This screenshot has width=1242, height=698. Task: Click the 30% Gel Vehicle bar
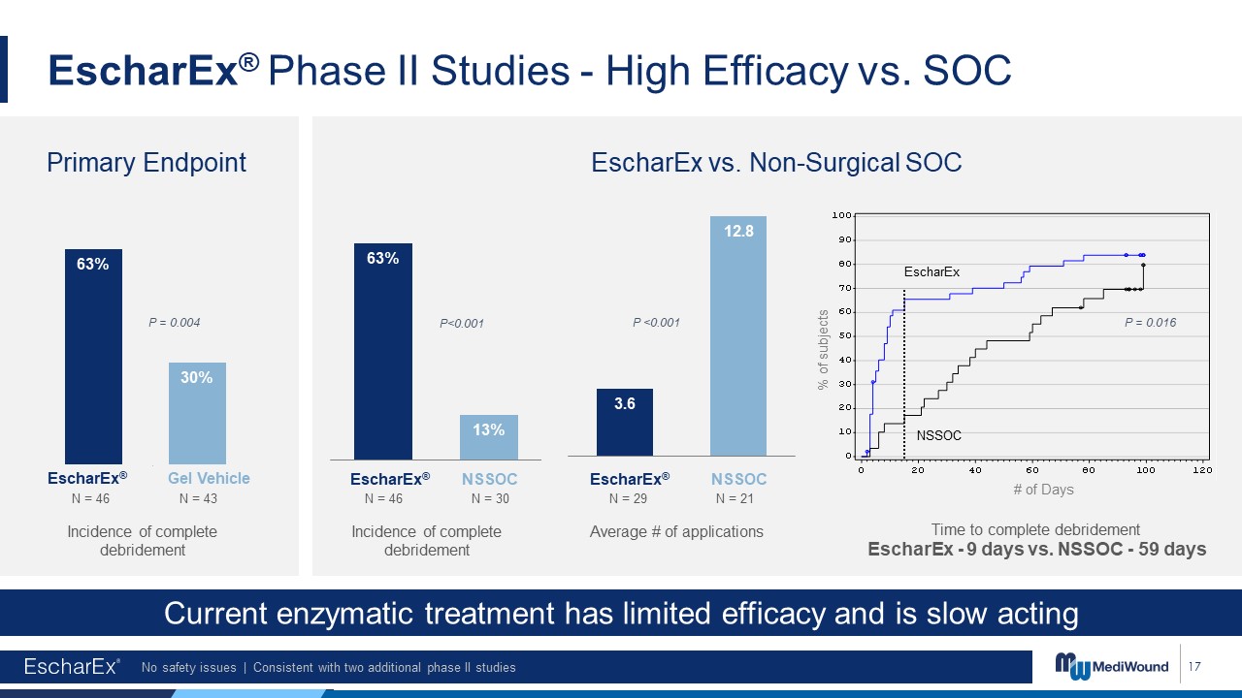click(197, 413)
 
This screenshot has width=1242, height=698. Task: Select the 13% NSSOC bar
click(488, 437)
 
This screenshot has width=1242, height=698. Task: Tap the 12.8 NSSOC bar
click(738, 335)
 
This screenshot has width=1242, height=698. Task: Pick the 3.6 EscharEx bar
click(624, 422)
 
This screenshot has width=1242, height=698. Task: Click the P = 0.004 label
click(175, 322)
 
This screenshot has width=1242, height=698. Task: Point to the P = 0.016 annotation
click(1150, 323)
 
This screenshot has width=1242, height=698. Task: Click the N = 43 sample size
click(198, 498)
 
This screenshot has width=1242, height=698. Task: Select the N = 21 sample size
click(735, 498)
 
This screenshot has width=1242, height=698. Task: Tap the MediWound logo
click(1112, 667)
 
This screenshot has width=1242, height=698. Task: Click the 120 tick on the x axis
click(1202, 470)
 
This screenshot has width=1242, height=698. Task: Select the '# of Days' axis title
click(1043, 490)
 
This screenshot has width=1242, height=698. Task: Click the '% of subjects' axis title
click(824, 349)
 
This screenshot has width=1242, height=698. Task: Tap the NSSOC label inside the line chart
click(938, 435)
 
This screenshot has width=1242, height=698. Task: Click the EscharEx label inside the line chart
click(931, 272)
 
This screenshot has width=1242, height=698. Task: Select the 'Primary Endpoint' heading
click(147, 163)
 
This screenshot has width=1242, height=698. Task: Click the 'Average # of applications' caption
click(676, 531)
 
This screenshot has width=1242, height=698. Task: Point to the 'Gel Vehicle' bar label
click(209, 478)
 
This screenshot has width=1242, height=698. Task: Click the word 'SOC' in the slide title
click(967, 71)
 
